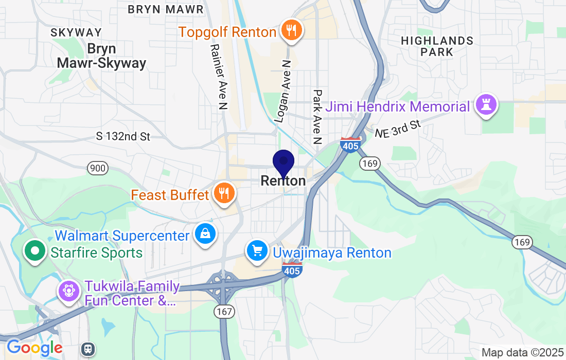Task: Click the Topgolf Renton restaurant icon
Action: click(x=291, y=30)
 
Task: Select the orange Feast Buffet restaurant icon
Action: click(x=223, y=193)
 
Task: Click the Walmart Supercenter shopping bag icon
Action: click(x=205, y=234)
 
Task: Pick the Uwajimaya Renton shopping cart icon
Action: click(x=257, y=251)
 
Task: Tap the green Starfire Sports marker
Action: click(x=36, y=251)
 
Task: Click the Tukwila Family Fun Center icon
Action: click(x=68, y=291)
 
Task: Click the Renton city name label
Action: click(x=283, y=181)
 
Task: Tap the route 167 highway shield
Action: click(x=225, y=311)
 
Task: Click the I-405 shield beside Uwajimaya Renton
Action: click(x=292, y=269)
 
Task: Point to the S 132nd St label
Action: click(x=123, y=136)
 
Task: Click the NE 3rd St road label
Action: click(x=398, y=129)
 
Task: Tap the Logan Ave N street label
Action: click(x=283, y=91)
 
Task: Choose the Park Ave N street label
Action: click(x=317, y=117)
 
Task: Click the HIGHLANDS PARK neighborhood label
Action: click(x=437, y=46)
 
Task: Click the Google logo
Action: click(x=34, y=348)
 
